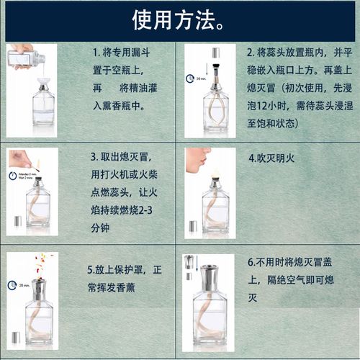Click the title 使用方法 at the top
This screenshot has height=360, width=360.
point(175,21)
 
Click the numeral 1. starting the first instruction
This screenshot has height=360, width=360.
point(96,53)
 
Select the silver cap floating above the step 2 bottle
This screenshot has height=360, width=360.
point(215,53)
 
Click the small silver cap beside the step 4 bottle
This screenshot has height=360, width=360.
point(193,226)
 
